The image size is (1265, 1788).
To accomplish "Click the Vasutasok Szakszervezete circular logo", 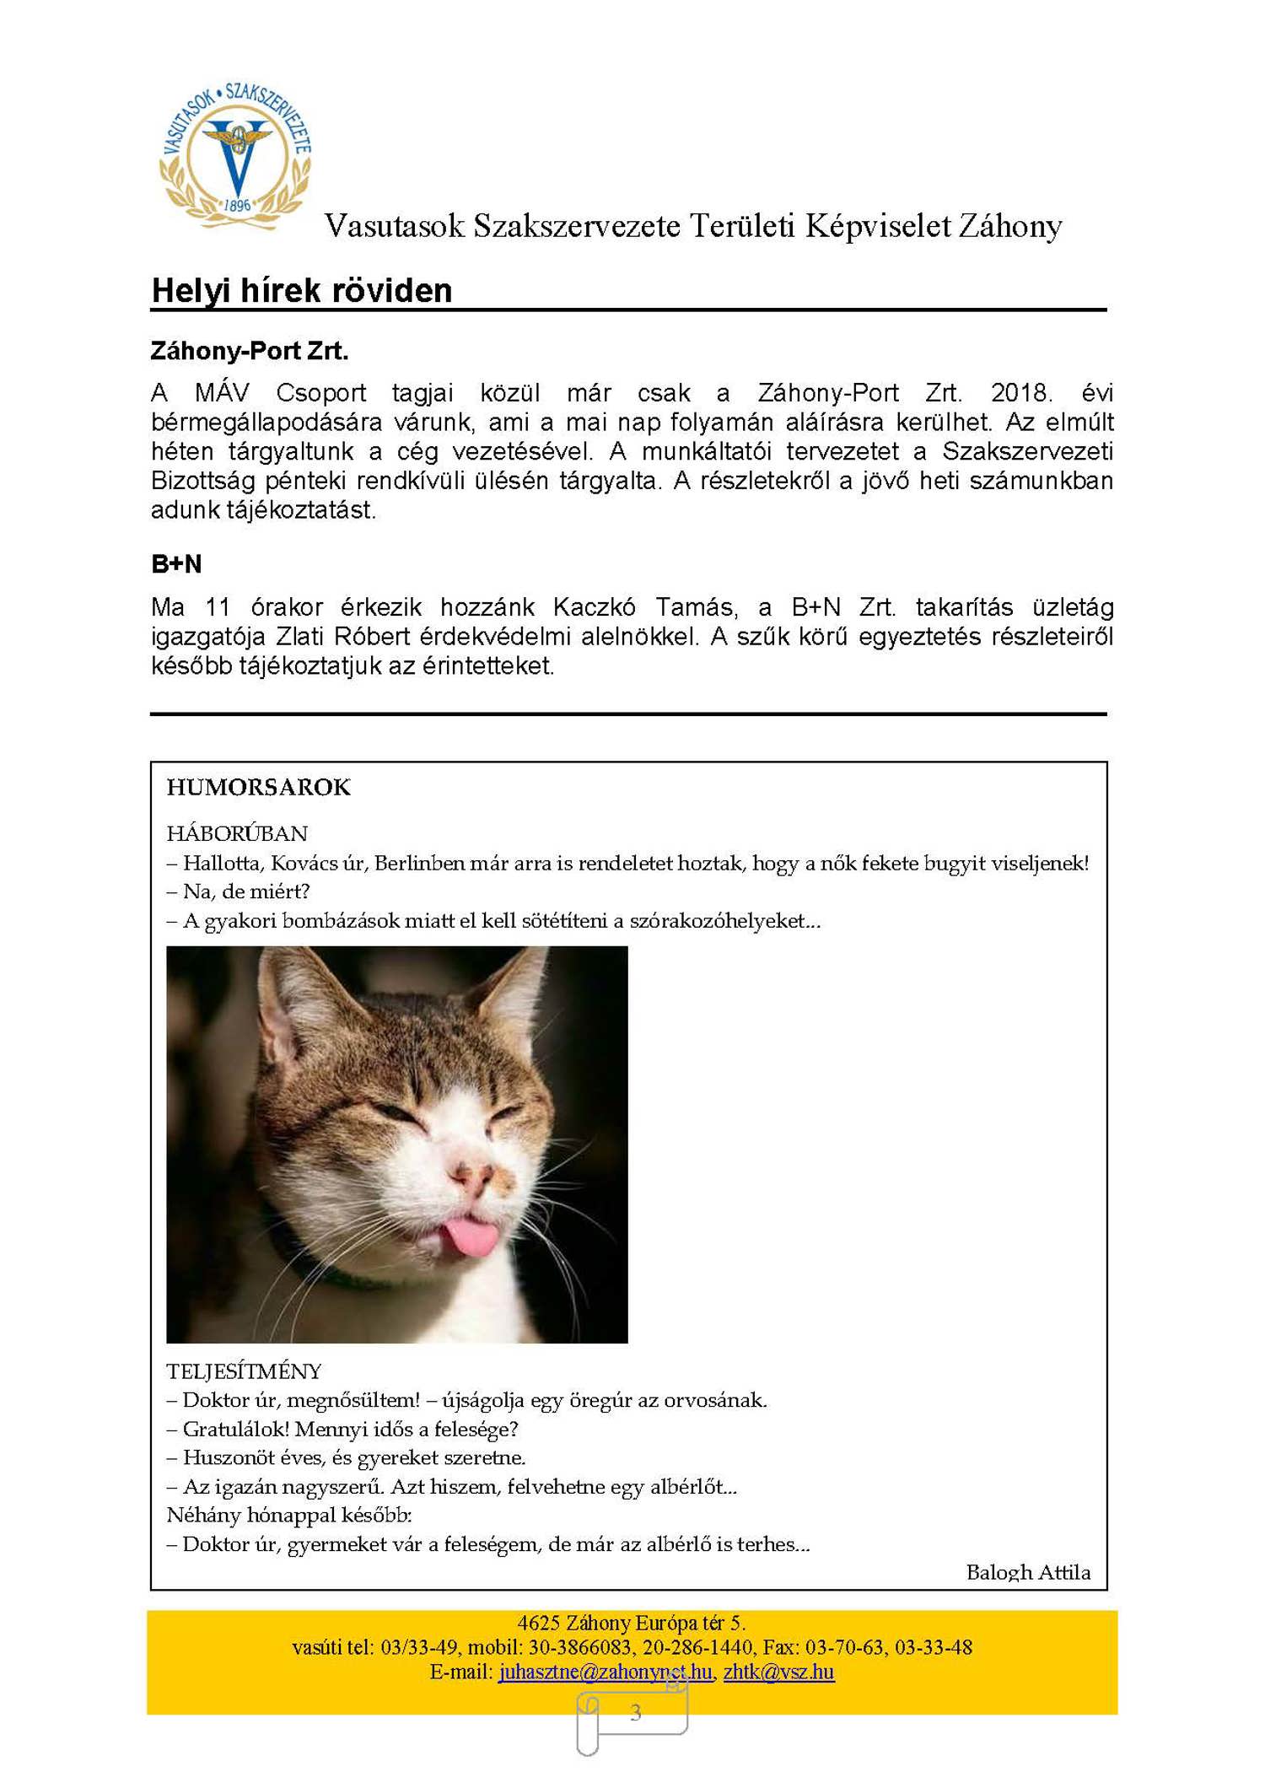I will pos(236,157).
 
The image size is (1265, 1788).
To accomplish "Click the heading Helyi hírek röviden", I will pos(302,291).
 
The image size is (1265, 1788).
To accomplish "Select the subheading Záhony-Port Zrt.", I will pos(250,351).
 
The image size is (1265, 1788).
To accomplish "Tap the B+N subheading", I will pos(176,564).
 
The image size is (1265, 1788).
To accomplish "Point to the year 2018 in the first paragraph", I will pos(1020,393).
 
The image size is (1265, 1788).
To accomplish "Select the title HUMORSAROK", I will pos(258,787).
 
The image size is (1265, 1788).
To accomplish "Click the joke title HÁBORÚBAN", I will pos(237,833).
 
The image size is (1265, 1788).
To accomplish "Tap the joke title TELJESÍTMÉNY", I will pos(244,1371).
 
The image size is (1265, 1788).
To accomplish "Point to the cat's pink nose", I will pos(473,1175).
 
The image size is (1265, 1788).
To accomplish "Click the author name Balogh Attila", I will pos(1028,1572).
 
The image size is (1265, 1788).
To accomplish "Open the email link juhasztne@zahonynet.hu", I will pos(605,1672).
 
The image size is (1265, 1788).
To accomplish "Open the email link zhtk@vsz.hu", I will pos(778,1672).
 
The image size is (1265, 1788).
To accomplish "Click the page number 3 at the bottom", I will pos(636,1712).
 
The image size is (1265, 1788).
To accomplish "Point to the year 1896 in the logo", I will pos(237,205).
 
